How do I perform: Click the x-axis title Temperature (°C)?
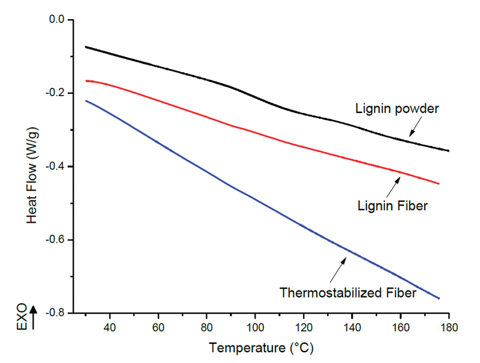pyautogui.click(x=262, y=347)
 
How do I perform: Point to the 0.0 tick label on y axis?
pyautogui.click(x=58, y=20)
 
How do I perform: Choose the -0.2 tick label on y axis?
pyautogui.click(x=56, y=93)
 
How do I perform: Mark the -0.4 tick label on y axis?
pyautogui.click(x=56, y=166)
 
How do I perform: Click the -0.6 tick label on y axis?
pyautogui.click(x=56, y=240)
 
